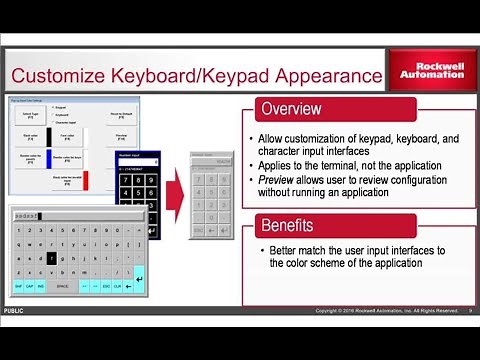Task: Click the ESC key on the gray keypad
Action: [x=199, y=229]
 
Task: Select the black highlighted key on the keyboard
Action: [x=51, y=257]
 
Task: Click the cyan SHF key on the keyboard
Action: [x=19, y=286]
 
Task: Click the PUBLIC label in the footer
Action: [x=14, y=311]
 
